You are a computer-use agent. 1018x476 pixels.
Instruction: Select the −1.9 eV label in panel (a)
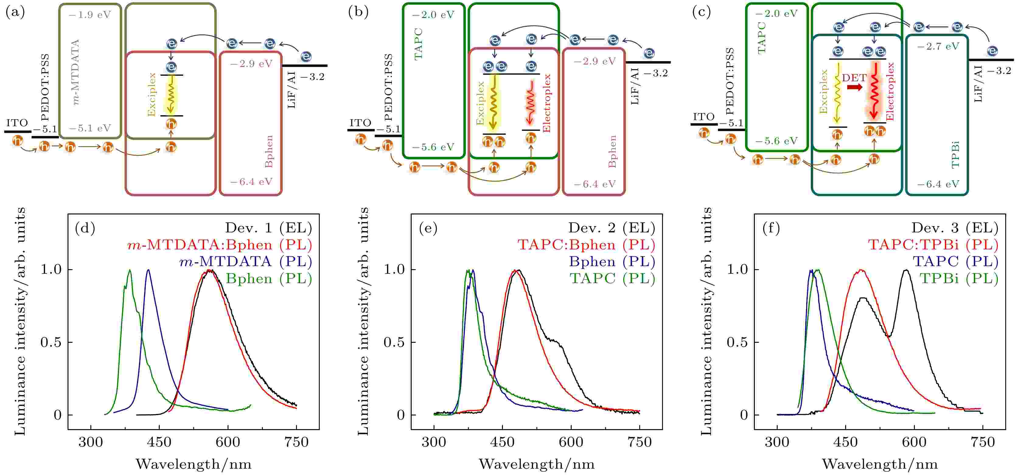tap(90, 15)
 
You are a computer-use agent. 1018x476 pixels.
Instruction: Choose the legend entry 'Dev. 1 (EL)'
tap(268, 228)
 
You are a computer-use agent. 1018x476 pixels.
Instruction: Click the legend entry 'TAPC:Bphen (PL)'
tap(586, 245)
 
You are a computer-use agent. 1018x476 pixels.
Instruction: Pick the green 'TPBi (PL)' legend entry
tap(959, 279)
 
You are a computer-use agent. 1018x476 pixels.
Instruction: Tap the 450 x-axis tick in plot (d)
tap(159, 442)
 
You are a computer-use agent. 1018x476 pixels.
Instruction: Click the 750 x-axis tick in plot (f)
tap(982, 442)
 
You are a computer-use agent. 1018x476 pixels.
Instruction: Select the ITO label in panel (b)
tap(360, 123)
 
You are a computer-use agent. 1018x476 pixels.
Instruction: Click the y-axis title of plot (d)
tap(20, 321)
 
